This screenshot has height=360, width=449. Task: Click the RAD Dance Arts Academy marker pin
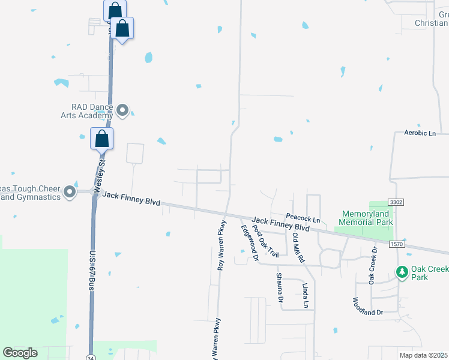[123, 110]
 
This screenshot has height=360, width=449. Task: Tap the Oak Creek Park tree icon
[402, 272]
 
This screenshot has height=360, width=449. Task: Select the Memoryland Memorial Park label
[367, 218]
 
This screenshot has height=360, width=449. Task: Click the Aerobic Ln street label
[420, 133]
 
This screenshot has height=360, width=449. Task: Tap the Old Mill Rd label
[298, 246]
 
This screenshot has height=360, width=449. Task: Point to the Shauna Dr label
[279, 287]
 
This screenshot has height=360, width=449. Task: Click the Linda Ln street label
[305, 296]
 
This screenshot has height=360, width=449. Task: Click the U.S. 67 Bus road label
[93, 271]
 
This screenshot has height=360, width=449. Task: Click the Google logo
[20, 353]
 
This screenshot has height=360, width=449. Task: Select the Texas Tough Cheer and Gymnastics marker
[70, 192]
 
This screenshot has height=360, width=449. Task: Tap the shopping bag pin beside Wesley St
[102, 139]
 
